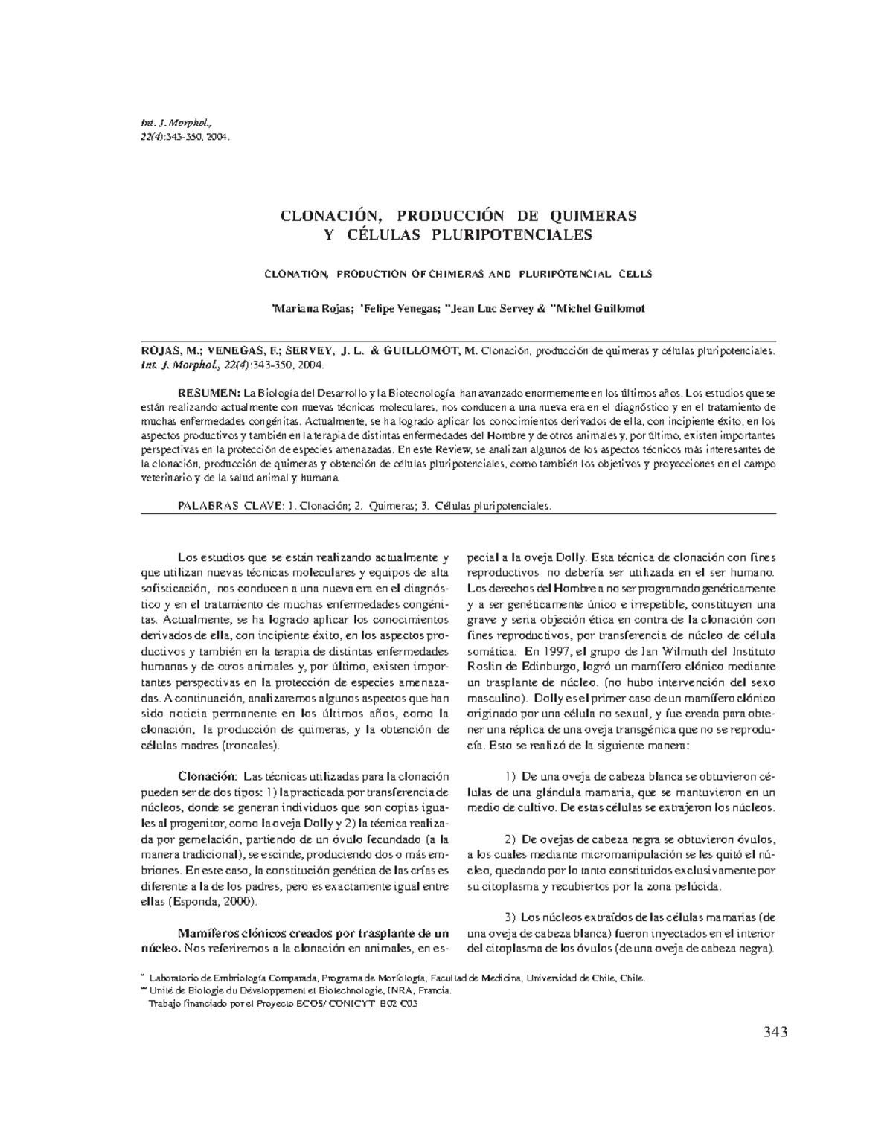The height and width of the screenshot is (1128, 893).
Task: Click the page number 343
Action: pyautogui.click(x=774, y=1031)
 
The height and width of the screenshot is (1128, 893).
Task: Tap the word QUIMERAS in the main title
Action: pyautogui.click(x=592, y=216)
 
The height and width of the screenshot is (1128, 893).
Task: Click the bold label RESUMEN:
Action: pyautogui.click(x=208, y=392)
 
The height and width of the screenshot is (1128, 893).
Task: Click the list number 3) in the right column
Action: pyautogui.click(x=510, y=918)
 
